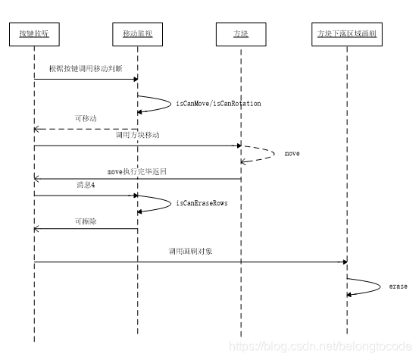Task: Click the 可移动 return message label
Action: (x=85, y=120)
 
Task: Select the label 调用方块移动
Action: (x=137, y=135)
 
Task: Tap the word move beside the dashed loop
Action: (x=292, y=154)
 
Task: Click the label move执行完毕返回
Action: (x=137, y=171)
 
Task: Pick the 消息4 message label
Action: (x=86, y=186)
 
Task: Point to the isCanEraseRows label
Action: (x=202, y=203)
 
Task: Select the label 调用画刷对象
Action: (x=190, y=251)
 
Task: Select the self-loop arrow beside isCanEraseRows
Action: (x=161, y=202)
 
